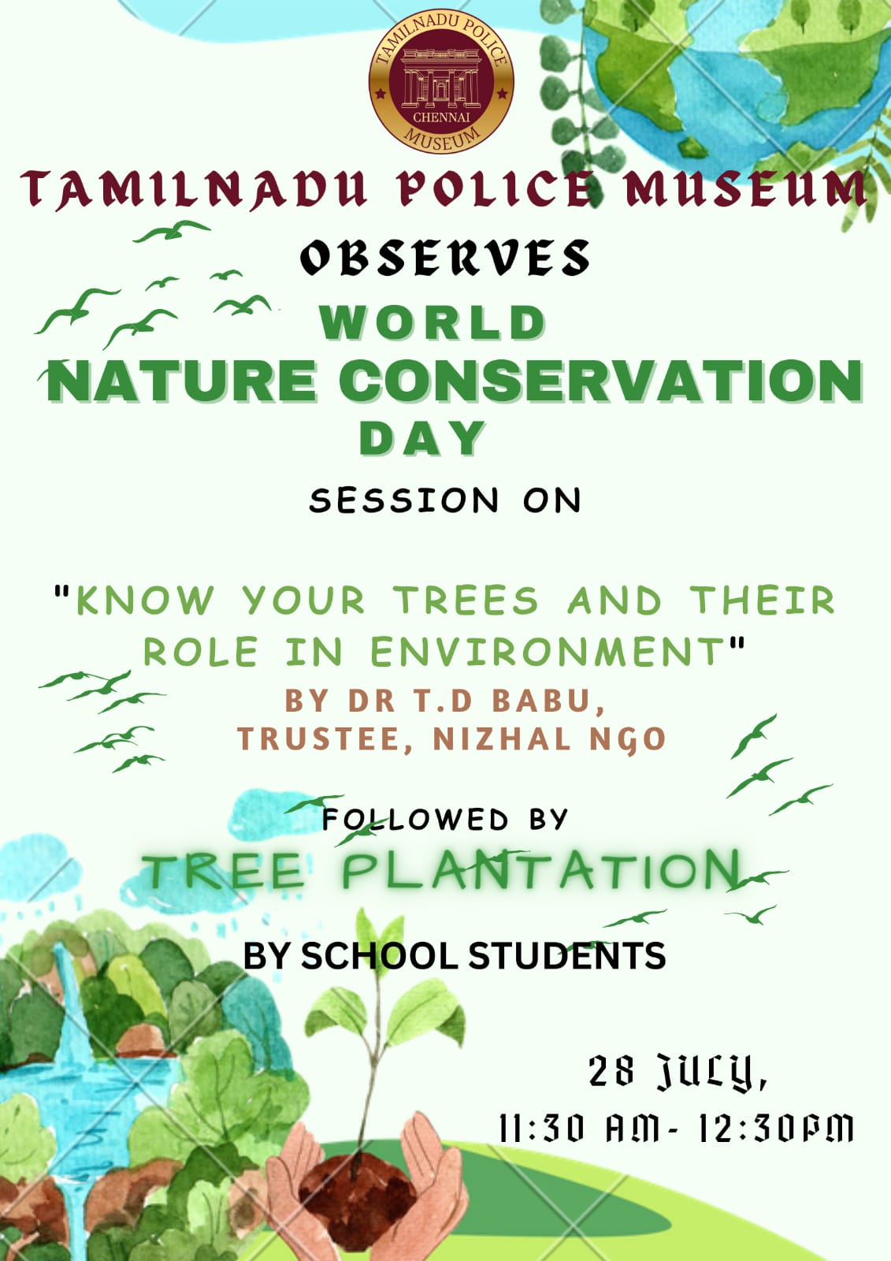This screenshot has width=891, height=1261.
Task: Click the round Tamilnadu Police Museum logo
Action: point(440,80)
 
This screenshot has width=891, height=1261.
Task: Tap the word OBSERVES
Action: point(444,257)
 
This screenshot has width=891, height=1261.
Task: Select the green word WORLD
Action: point(433,322)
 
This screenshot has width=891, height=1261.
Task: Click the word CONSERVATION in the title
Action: point(600,381)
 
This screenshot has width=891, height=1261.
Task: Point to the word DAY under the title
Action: point(422,438)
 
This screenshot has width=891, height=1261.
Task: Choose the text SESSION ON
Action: point(444,500)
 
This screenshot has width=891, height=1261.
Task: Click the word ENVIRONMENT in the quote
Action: point(547,651)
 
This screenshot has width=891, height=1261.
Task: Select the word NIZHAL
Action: point(502,738)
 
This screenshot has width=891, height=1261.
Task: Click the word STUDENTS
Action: point(567,954)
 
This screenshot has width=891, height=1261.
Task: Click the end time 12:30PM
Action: point(777,1129)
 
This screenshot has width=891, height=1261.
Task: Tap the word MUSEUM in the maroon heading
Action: point(745,188)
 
